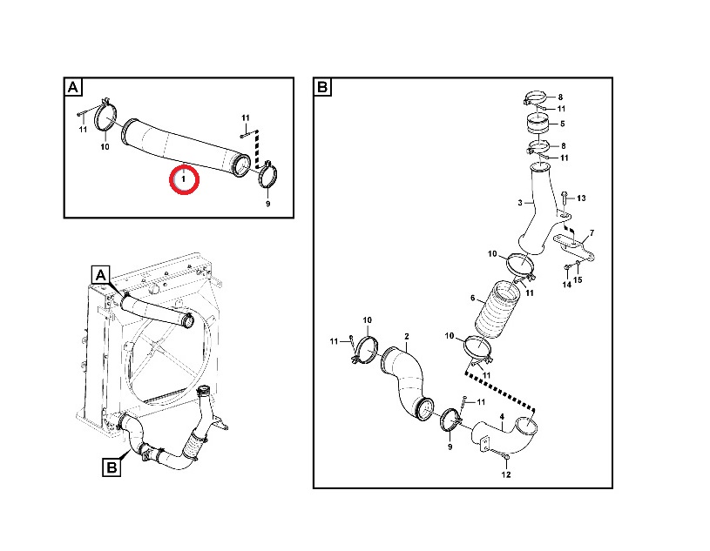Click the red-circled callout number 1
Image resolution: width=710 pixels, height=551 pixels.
coord(184,179)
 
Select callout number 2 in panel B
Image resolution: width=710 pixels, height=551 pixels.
coord(407,336)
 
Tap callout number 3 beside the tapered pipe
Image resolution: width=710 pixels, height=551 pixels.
coord(520,203)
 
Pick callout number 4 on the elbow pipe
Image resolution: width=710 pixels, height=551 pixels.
coord(501,416)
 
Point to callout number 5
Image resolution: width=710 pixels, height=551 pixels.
coord(563,124)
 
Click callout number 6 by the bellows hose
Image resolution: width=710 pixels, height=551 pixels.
coord(473,298)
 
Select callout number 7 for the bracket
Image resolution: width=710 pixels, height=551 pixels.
coord(592,233)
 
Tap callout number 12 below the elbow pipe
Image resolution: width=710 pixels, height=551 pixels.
coord(506,474)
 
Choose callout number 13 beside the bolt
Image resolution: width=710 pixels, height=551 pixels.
coord(581,198)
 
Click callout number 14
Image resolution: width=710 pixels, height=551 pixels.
coord(567,285)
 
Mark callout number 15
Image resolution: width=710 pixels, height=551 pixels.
coord(578,280)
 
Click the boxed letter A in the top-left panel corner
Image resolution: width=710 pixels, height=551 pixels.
coord(73,86)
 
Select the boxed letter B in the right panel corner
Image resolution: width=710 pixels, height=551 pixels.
coord(322,86)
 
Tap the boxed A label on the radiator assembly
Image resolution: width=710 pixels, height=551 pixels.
coord(101,274)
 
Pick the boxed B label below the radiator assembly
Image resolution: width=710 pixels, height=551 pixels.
coord(112,467)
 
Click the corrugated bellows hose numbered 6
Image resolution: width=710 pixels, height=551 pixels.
coord(494,310)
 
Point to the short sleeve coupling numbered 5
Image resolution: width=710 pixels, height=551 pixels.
coord(537,124)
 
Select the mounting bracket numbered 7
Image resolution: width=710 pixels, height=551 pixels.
coord(574,247)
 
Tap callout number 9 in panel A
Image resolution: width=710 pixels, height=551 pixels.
coord(267,204)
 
